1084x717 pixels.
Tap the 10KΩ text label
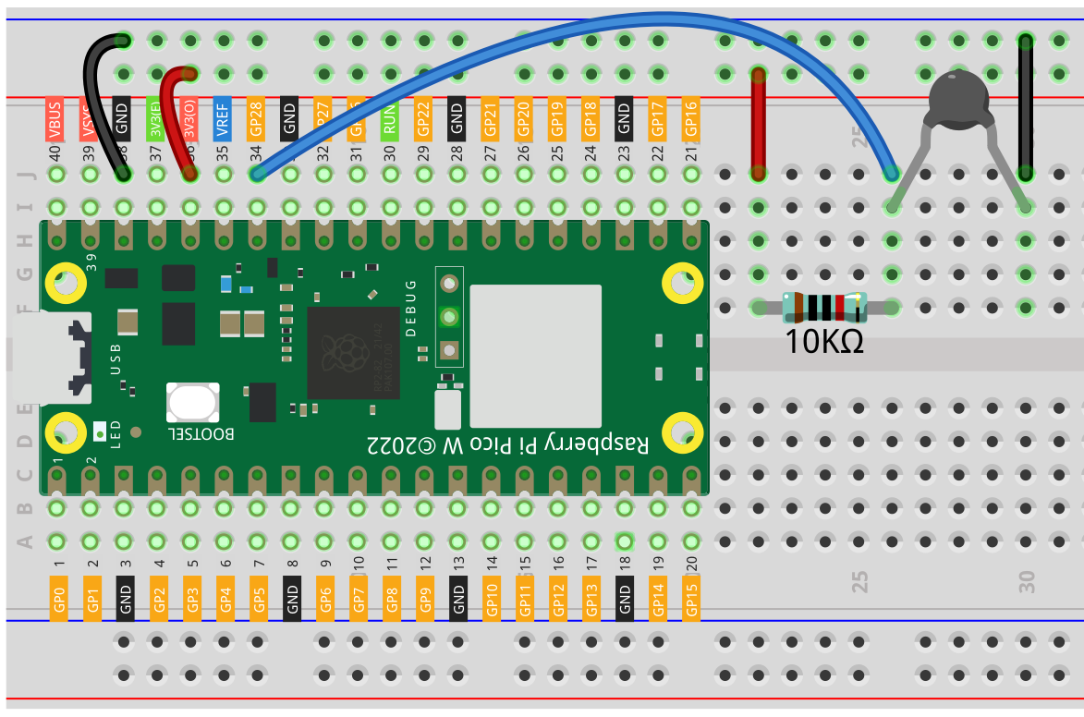pyautogui.click(x=824, y=342)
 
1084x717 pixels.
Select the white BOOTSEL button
pyautogui.click(x=192, y=403)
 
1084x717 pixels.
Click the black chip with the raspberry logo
pyautogui.click(x=352, y=354)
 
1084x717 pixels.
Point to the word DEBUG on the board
pyautogui.click(x=411, y=304)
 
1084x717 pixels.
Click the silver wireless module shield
pyautogui.click(x=535, y=354)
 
